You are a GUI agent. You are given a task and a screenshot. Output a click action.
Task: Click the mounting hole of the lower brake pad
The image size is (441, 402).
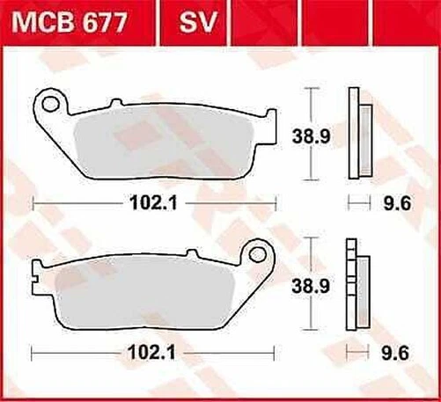pyautogui.click(x=258, y=254)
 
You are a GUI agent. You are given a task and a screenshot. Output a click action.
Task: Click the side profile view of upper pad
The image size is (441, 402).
pyautogui.click(x=359, y=128)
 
